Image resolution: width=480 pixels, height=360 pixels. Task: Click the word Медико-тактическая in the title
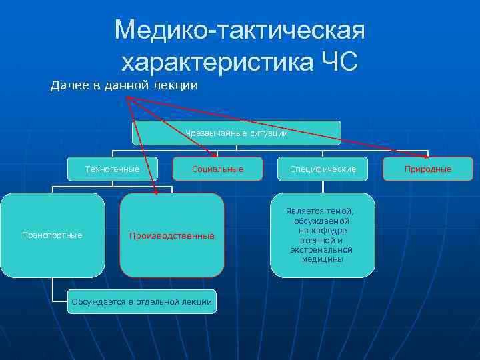click(240, 30)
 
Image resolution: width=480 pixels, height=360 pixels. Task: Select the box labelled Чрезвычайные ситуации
click(236, 133)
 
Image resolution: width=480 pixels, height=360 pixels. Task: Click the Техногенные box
click(113, 169)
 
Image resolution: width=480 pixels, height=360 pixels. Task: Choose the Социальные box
click(217, 169)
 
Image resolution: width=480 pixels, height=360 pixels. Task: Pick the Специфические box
click(323, 169)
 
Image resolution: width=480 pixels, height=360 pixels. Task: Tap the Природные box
click(428, 169)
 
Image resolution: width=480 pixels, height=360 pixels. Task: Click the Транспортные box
click(53, 235)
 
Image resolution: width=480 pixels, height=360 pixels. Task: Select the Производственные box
click(172, 235)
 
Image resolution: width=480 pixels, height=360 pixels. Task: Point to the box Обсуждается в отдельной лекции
click(141, 302)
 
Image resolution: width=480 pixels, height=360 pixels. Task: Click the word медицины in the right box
click(323, 259)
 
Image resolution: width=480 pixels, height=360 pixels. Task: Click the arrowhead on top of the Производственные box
click(156, 192)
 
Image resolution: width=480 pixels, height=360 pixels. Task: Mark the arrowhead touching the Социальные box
click(215, 157)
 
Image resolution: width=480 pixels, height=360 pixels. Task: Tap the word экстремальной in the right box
click(323, 250)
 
